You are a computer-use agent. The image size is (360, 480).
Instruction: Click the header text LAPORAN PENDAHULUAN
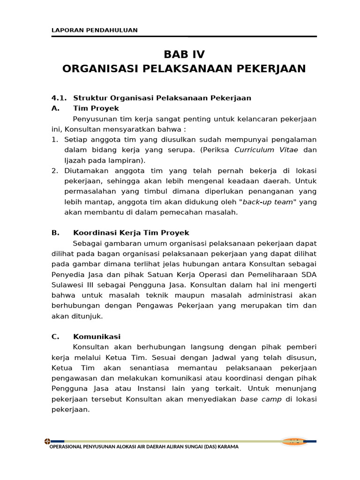[94, 30]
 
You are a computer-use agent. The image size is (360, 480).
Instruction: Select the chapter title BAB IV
[184, 54]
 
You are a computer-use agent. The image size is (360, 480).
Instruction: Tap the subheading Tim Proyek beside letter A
[96, 108]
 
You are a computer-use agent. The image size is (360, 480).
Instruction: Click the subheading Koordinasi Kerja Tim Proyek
[131, 233]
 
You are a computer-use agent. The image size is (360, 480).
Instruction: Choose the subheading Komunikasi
[97, 337]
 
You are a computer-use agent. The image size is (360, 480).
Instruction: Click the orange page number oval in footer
[294, 441]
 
